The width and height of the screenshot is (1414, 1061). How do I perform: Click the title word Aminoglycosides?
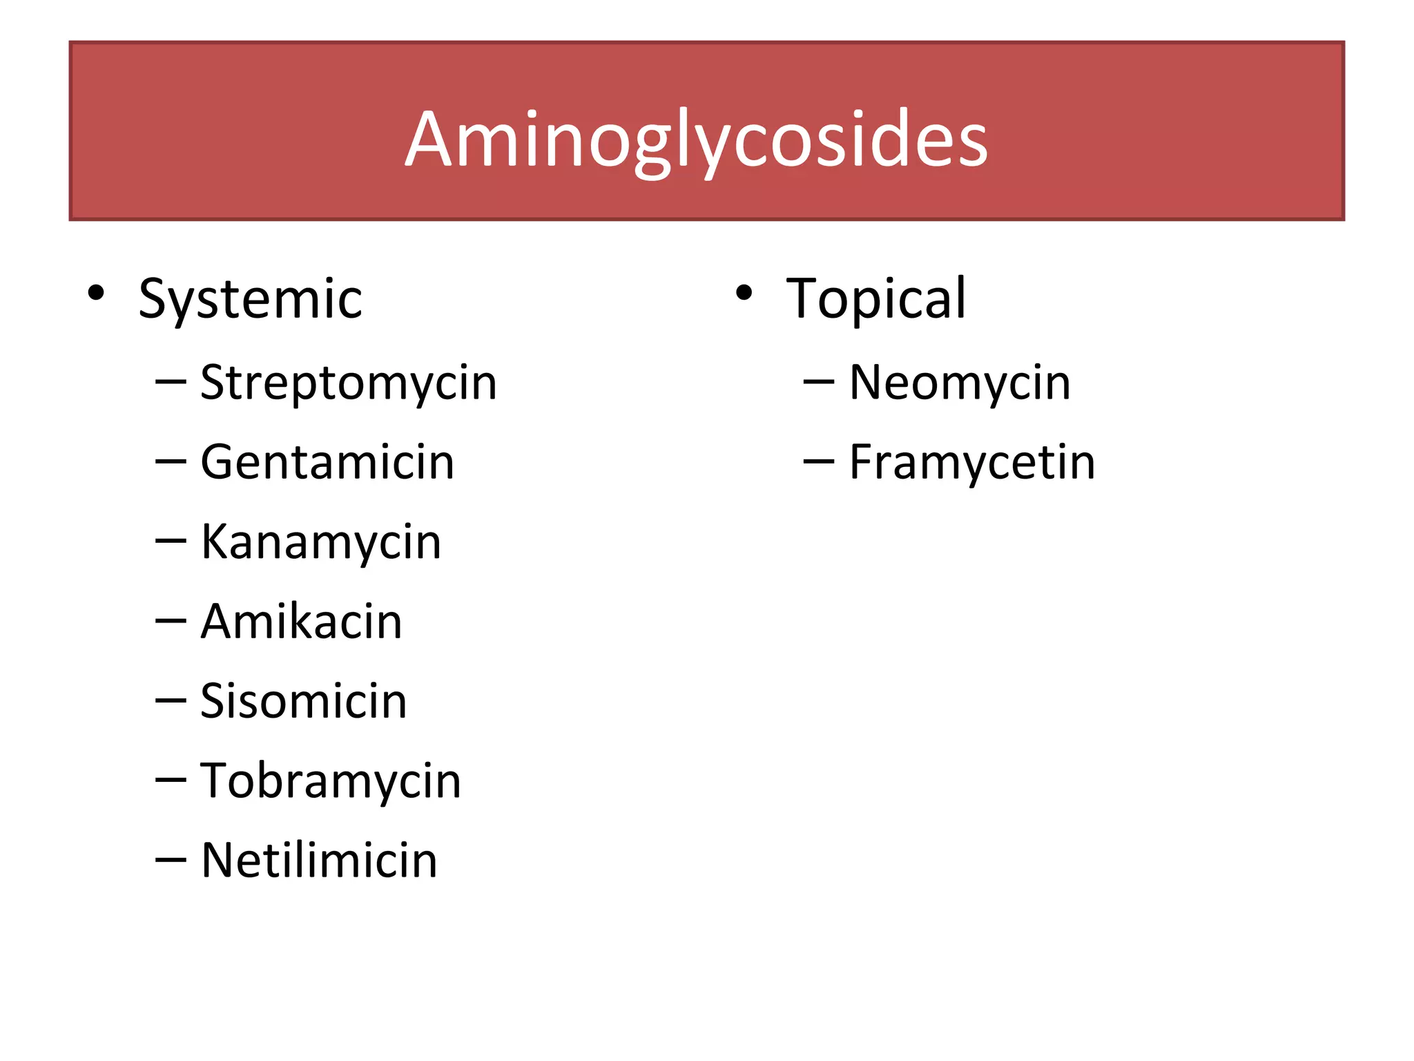click(x=696, y=140)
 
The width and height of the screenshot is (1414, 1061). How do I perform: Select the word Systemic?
click(x=250, y=300)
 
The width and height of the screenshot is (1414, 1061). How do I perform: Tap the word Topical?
click(x=875, y=298)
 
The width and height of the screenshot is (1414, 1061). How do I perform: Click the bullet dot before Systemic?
click(x=96, y=294)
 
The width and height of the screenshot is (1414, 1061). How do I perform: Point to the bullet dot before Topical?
click(x=744, y=294)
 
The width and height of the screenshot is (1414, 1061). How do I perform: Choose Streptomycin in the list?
click(x=348, y=384)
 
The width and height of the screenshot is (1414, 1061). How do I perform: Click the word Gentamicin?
click(x=327, y=462)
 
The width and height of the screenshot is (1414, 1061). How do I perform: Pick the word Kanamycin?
click(x=320, y=543)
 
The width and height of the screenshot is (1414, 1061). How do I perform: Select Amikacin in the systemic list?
click(x=301, y=622)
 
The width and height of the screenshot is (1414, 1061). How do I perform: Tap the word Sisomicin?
click(x=303, y=701)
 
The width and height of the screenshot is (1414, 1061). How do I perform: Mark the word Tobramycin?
click(x=330, y=782)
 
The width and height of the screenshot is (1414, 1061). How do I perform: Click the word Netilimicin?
click(x=319, y=861)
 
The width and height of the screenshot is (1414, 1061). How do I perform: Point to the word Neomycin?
click(x=960, y=383)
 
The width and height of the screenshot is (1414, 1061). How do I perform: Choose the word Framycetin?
click(x=972, y=463)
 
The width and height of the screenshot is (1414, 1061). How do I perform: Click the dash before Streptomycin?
click(x=171, y=382)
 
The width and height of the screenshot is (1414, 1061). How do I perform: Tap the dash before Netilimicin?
click(x=171, y=860)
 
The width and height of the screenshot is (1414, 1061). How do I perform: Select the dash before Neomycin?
click(x=819, y=382)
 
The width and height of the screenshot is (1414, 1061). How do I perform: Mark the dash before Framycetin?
click(x=819, y=461)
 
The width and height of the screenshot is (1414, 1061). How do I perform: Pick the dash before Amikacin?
click(x=171, y=621)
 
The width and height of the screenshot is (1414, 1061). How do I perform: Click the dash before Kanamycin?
click(x=171, y=542)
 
